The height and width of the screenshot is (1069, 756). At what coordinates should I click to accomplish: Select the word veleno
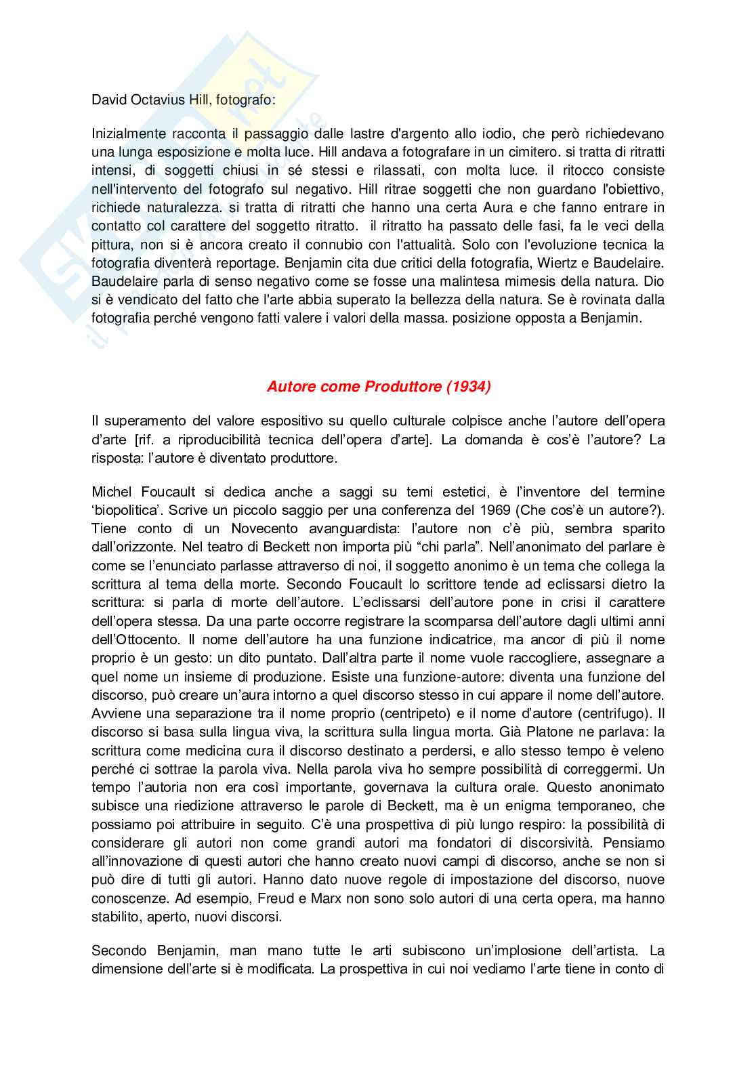(644, 750)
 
